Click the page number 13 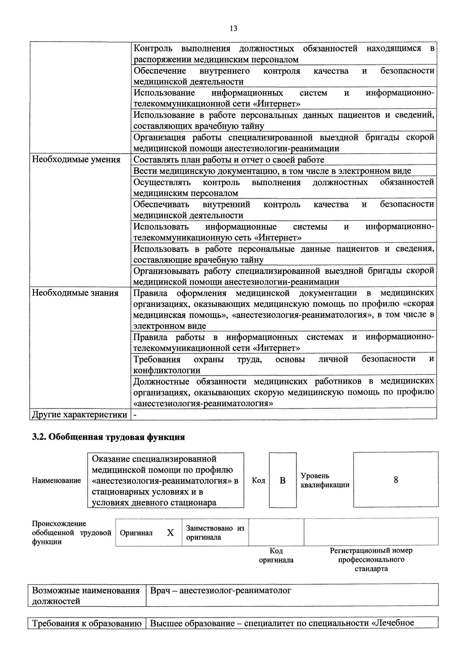pos(233,28)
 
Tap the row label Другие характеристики pos(80,414)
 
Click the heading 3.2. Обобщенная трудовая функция pos(108,437)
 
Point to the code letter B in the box pos(283,480)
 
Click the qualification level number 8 pos(396,480)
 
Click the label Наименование pos(56,480)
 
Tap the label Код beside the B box pos(258,480)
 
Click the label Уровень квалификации pos(325,480)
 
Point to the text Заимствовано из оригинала pos(215,533)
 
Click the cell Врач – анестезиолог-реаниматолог pos(221,590)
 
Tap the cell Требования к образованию pos(87,623)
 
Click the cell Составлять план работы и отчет pos(229,160)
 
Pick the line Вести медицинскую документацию pos(272,171)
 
